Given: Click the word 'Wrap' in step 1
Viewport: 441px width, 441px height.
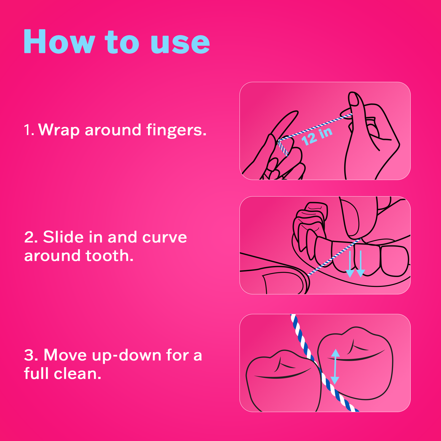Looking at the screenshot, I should point(59,130).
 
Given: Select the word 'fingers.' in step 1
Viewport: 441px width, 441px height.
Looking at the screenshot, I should point(176,130).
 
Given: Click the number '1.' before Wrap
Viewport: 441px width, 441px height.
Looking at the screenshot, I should point(29,130).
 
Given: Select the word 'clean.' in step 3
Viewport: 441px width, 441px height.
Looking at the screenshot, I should point(77,374).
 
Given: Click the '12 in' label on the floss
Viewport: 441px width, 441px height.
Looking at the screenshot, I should point(317,136).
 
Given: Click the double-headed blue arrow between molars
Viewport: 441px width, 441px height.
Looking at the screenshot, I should point(335,367).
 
